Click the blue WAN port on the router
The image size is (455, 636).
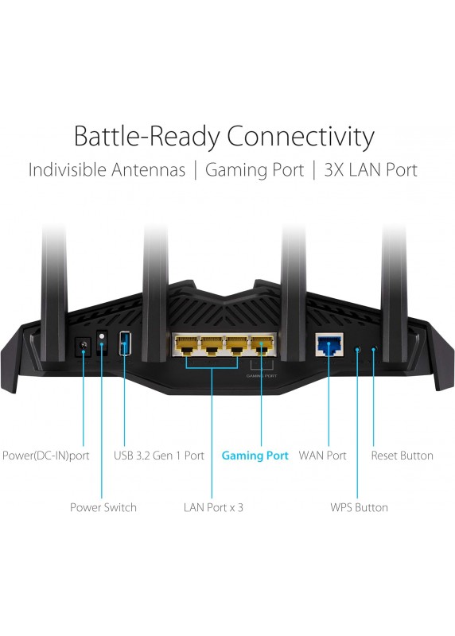tap(329, 344)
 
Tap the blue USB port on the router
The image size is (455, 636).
tap(125, 343)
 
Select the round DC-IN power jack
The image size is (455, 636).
tap(84, 347)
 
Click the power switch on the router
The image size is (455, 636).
tap(102, 343)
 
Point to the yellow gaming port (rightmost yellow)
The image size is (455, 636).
tap(262, 345)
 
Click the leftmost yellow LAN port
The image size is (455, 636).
tap(186, 345)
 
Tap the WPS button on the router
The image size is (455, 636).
tap(357, 348)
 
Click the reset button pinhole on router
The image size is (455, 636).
tap(374, 348)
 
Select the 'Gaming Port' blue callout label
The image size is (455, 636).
tap(255, 456)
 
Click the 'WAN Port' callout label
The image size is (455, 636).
tap(322, 455)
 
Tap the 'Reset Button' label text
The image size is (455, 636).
tap(402, 455)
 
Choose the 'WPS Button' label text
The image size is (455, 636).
tap(359, 507)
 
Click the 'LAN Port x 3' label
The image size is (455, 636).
tap(213, 507)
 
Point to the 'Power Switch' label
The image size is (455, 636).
tap(103, 507)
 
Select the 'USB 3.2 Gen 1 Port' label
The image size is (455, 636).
tap(159, 455)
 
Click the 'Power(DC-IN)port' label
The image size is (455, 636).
tap(46, 456)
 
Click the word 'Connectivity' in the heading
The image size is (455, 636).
tap(301, 136)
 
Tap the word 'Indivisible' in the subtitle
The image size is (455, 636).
tap(67, 169)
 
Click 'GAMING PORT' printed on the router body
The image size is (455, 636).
tap(262, 376)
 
